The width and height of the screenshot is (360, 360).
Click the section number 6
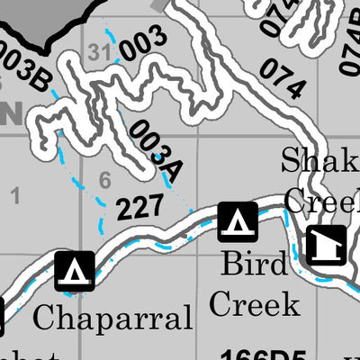click(x=104, y=181)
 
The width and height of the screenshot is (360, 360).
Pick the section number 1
click(x=14, y=193)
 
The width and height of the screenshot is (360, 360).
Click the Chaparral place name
click(x=112, y=318)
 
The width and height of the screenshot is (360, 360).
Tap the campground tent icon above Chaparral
click(x=75, y=272)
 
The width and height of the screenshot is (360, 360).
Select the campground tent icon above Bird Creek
click(x=238, y=221)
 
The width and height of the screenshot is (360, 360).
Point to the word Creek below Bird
click(x=255, y=303)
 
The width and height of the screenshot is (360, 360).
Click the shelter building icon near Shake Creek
click(x=325, y=244)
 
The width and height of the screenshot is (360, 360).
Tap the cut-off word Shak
click(x=319, y=162)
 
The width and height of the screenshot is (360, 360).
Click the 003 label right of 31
click(x=143, y=42)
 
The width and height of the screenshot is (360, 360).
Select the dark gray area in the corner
click(x=36, y=18)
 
